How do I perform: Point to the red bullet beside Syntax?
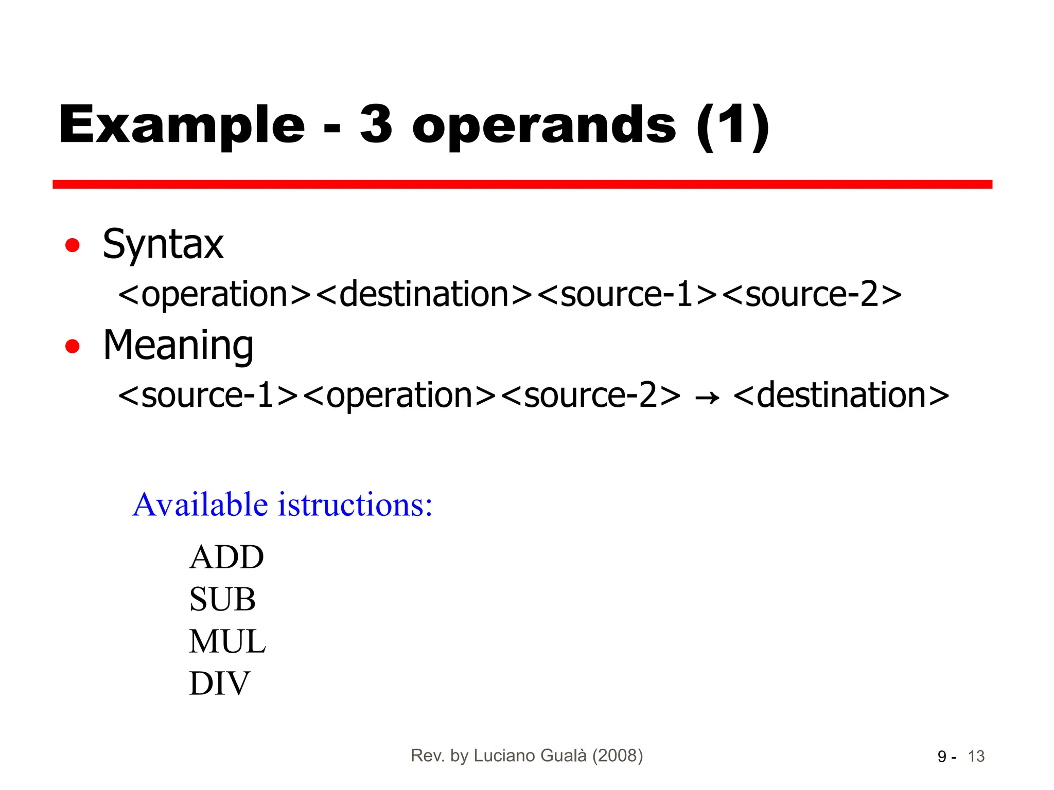tap(73, 245)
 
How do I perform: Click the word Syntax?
tap(163, 244)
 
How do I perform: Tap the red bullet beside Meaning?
tap(73, 346)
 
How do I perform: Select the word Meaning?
tap(178, 346)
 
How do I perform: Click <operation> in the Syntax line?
tap(215, 294)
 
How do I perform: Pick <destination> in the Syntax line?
tap(424, 294)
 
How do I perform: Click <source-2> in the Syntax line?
tap(812, 294)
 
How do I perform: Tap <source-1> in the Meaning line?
tap(208, 395)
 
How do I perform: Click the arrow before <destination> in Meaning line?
tap(707, 398)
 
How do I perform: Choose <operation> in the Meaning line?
tap(400, 395)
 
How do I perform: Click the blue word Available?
tap(200, 505)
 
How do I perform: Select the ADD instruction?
tap(226, 557)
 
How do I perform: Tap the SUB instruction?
tap(222, 599)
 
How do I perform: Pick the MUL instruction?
tap(227, 641)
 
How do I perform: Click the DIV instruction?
tap(219, 684)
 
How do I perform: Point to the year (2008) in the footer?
tap(618, 756)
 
